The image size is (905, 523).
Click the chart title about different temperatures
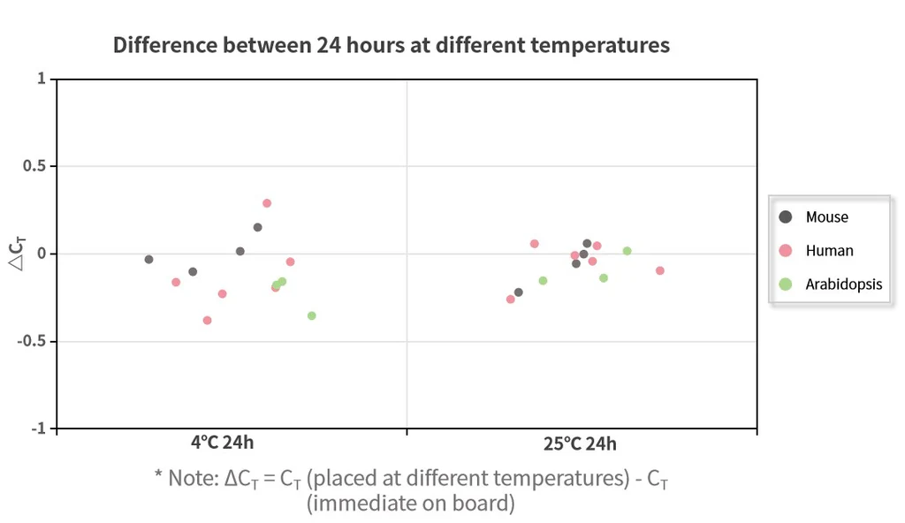pos(391,45)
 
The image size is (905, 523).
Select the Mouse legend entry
pos(826,217)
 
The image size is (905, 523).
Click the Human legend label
pos(829,251)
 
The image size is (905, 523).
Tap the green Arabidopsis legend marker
pos(785,284)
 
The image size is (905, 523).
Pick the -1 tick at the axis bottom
pos(38,428)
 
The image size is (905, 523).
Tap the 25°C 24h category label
pos(580,443)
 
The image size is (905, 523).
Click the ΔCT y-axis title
pos(18,254)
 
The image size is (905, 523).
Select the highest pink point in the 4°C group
pos(267,203)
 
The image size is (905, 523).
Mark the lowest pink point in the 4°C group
pos(208,321)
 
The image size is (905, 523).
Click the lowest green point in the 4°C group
pos(311,315)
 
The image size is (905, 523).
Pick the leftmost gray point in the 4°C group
pos(149,260)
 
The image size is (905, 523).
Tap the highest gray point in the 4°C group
pos(258,227)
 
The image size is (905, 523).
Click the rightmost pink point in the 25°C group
pos(659,270)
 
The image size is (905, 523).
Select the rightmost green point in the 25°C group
pos(627,251)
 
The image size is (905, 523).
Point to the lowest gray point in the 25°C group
pos(519,292)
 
